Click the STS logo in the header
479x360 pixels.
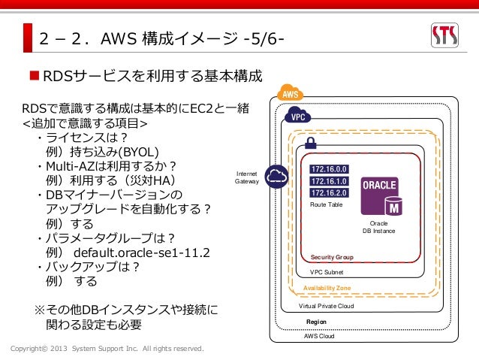[449, 35]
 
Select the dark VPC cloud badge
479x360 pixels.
[299, 117]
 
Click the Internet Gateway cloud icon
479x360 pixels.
[277, 176]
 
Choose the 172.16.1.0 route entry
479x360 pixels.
[328, 181]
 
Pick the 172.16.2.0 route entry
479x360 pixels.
[328, 192]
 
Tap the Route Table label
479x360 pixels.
[325, 204]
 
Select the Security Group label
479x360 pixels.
[331, 257]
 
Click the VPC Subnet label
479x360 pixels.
[325, 273]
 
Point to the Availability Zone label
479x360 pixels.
[327, 289]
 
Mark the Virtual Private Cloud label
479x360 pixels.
[327, 306]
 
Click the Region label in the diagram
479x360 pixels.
[316, 322]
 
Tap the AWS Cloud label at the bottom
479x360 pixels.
[319, 337]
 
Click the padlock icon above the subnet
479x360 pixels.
[309, 143]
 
